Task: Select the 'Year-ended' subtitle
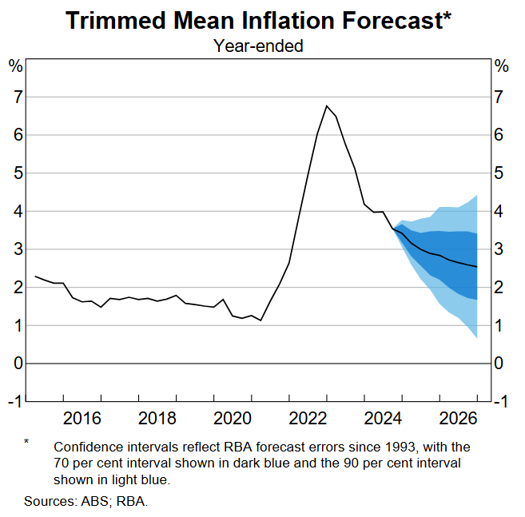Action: click(x=258, y=46)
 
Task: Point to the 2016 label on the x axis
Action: click(x=82, y=419)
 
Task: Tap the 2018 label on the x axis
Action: click(x=157, y=419)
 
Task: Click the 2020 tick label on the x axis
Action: click(x=233, y=419)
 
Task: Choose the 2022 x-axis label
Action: click(x=308, y=419)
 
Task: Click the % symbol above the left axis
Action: click(x=16, y=66)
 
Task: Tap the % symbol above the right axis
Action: click(x=502, y=66)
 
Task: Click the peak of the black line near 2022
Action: click(x=327, y=105)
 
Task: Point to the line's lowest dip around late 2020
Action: click(x=261, y=320)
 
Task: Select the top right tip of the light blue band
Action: click(x=478, y=195)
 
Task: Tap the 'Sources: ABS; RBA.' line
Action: click(x=86, y=501)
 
